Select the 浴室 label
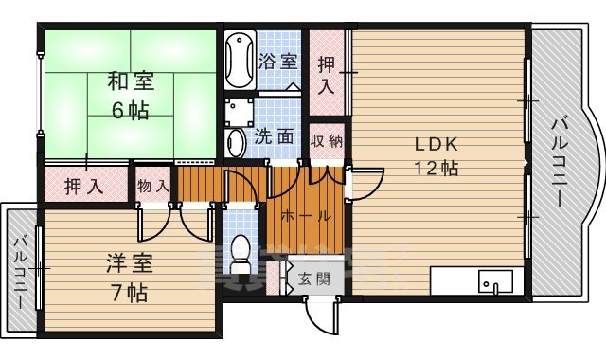(277, 62)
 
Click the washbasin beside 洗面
(236, 142)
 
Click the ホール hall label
(305, 215)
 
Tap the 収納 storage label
(326, 138)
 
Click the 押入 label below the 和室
(84, 186)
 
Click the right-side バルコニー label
(559, 161)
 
